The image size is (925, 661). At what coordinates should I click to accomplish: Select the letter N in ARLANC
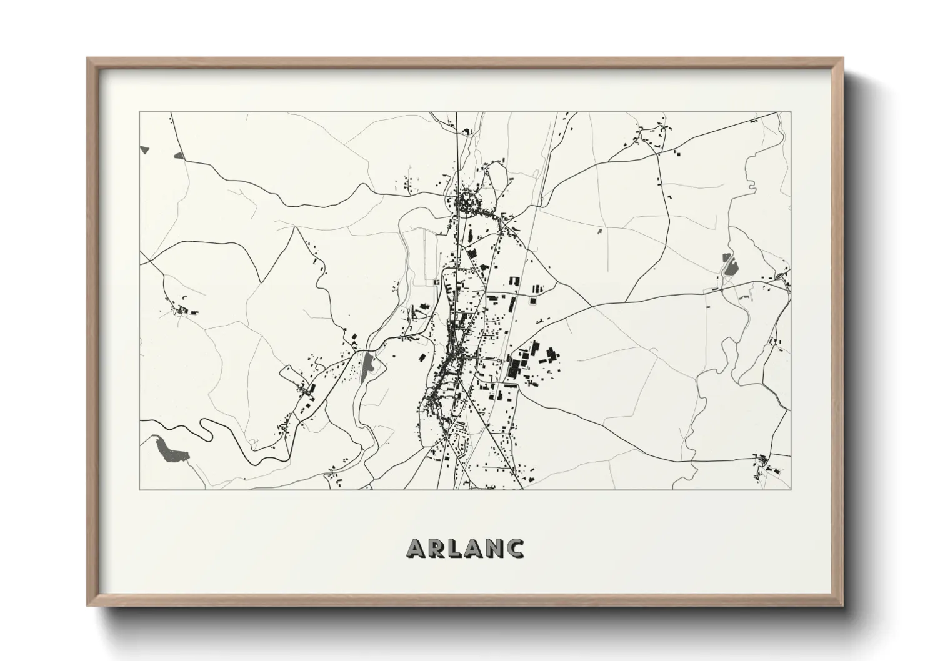pos(491,548)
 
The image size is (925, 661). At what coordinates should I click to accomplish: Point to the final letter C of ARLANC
pos(515,548)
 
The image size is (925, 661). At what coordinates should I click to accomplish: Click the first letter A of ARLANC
pos(417,548)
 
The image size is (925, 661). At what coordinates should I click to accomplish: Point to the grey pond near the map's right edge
pos(727,266)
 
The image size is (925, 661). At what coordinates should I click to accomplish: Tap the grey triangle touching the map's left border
pos(145,150)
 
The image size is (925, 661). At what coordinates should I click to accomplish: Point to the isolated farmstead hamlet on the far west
pos(181,309)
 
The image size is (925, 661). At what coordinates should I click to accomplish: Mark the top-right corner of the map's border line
pos(791,112)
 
